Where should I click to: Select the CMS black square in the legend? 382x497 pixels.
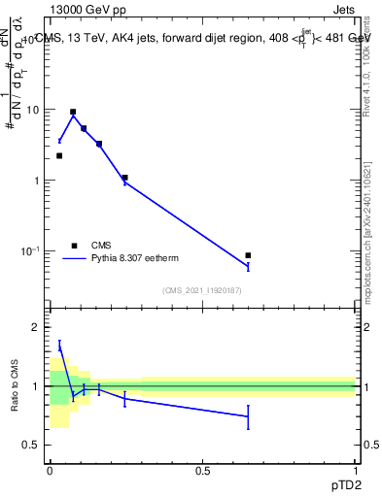click(x=74, y=246)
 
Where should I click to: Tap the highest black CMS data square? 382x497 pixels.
click(x=73, y=113)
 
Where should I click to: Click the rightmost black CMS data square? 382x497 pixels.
click(x=248, y=255)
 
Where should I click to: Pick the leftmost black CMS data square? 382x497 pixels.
click(x=59, y=155)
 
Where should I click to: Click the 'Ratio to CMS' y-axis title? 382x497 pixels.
click(x=15, y=386)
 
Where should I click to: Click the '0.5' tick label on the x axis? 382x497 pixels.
click(x=202, y=471)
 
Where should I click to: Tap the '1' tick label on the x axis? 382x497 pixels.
click(x=355, y=471)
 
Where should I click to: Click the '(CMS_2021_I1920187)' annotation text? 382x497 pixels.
click(x=201, y=290)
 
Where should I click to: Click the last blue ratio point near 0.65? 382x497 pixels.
click(x=248, y=416)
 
